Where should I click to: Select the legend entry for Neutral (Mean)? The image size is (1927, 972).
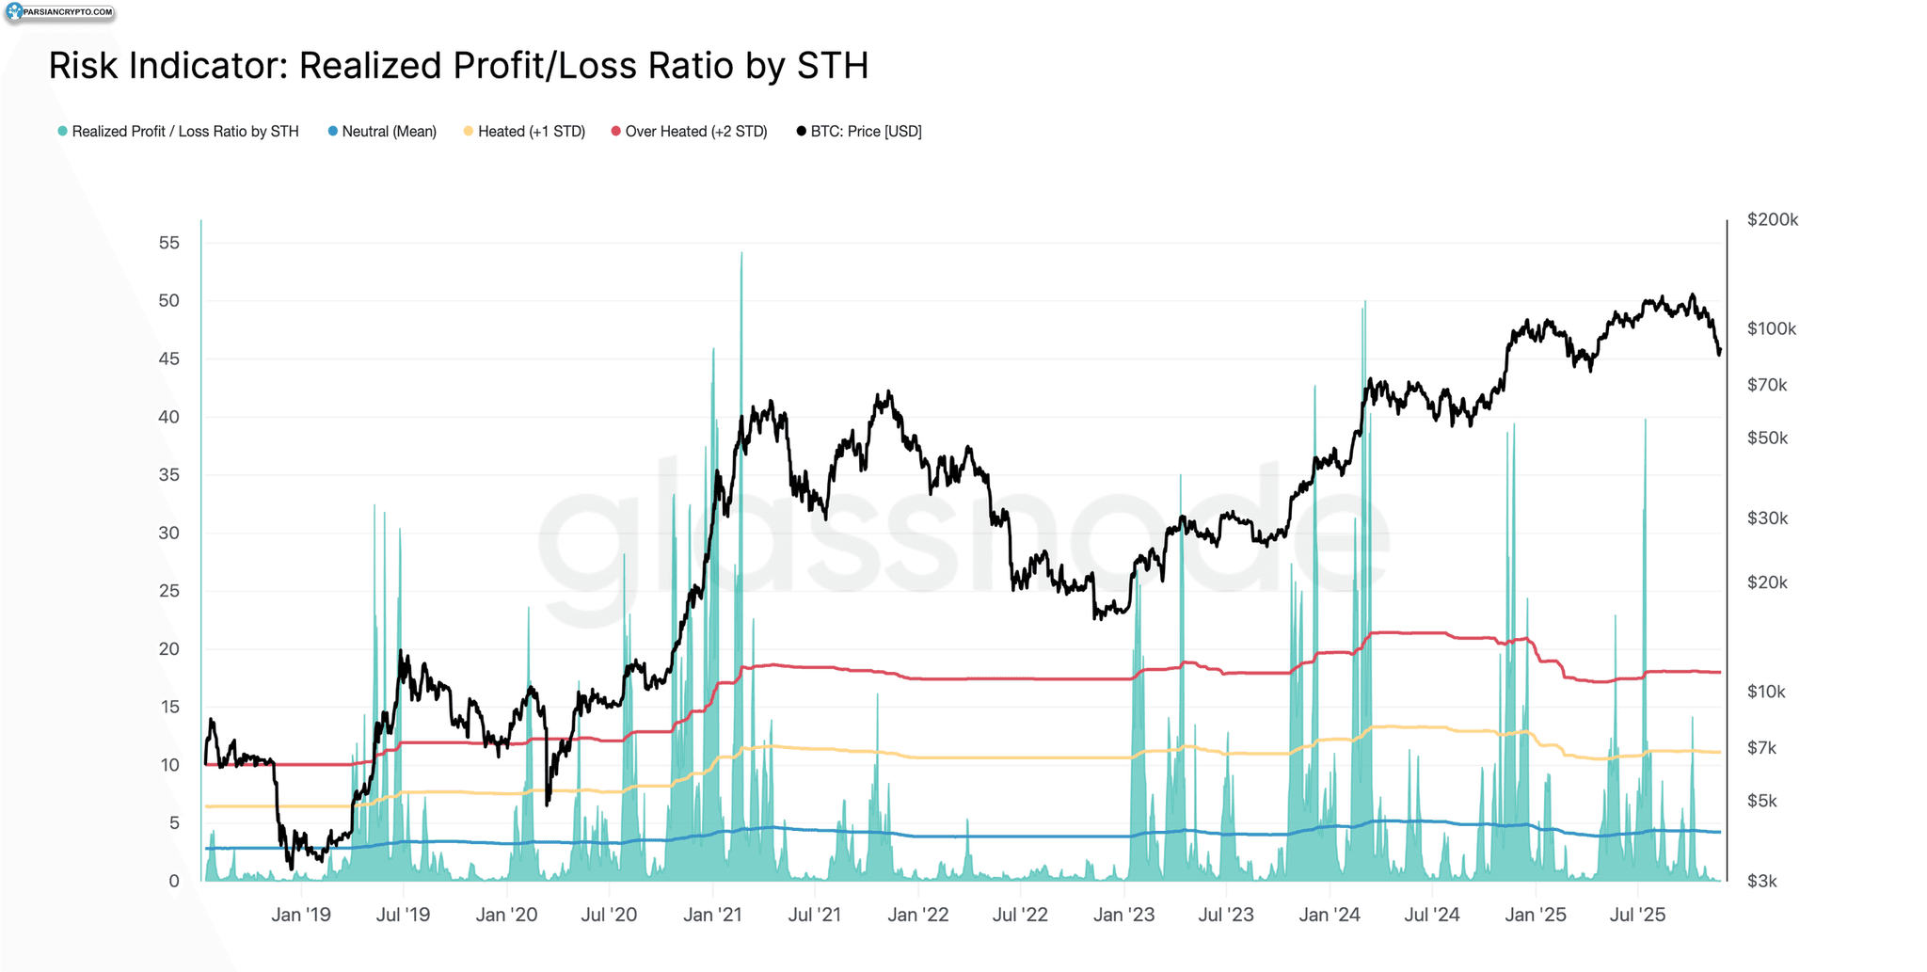(x=382, y=132)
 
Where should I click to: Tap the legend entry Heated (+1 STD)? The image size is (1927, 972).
(x=524, y=132)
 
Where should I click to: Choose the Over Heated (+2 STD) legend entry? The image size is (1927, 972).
(x=689, y=132)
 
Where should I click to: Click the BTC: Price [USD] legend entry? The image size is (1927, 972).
(x=859, y=132)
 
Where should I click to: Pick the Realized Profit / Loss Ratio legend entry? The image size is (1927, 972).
(x=178, y=132)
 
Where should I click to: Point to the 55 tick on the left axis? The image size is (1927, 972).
(x=169, y=243)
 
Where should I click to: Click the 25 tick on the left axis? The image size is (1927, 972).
(x=169, y=591)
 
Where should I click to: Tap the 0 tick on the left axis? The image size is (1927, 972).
(x=174, y=882)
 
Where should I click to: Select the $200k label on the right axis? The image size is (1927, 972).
(x=1773, y=220)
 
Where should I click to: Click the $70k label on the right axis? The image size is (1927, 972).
(x=1767, y=385)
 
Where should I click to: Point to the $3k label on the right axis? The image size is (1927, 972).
(x=1761, y=882)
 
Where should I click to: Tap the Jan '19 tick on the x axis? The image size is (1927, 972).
(x=301, y=915)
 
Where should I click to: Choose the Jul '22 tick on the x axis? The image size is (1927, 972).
(x=1020, y=915)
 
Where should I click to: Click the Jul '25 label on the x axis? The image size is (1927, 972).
(x=1638, y=915)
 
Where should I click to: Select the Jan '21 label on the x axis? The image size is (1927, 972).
(x=712, y=915)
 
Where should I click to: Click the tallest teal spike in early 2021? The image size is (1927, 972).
(x=741, y=253)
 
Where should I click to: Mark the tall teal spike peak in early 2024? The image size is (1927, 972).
(x=1364, y=302)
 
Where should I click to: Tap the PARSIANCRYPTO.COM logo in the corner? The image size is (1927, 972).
(x=59, y=13)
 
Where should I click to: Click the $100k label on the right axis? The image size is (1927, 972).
(x=1772, y=329)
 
